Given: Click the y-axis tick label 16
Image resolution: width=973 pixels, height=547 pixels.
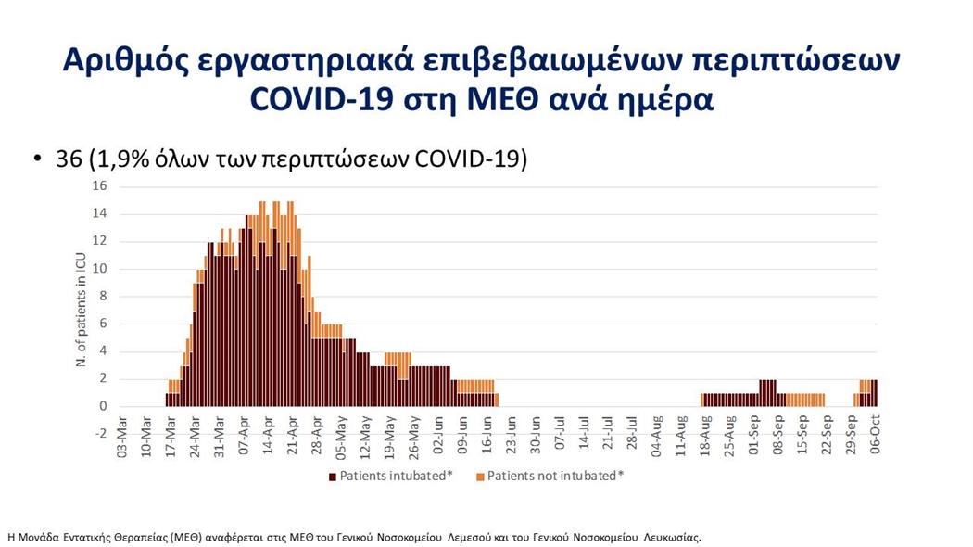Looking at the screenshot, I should click(100, 186).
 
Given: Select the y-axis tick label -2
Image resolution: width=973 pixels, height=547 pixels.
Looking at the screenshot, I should click(100, 434).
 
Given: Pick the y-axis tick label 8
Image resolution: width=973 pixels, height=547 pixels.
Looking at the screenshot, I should click(103, 297).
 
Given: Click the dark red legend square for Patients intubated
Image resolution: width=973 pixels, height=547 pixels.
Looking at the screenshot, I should click(332, 477).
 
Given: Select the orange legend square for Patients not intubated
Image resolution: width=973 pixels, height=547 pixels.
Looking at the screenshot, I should click(480, 477).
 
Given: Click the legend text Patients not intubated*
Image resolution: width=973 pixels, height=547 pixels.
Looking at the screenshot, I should click(555, 477).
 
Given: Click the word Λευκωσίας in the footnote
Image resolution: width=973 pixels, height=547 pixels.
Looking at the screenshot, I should click(676, 537).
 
